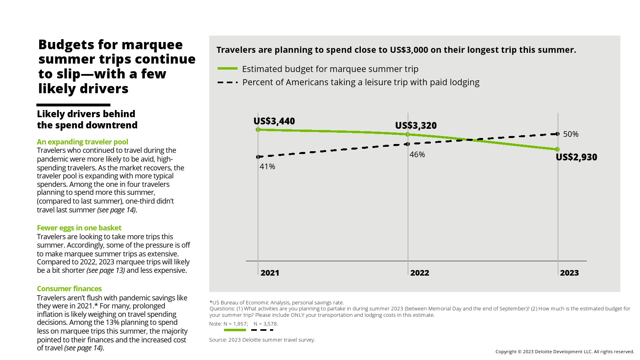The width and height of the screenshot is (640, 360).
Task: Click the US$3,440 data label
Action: [x=274, y=121]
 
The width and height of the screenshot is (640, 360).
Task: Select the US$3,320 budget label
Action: [x=416, y=126]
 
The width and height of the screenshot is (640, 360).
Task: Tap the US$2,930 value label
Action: [x=576, y=157]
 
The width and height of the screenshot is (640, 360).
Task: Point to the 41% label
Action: [x=267, y=166]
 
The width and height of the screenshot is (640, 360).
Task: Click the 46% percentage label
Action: [x=417, y=154]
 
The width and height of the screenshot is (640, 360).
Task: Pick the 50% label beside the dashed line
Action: [x=570, y=134]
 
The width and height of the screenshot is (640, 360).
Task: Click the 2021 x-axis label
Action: [x=270, y=273]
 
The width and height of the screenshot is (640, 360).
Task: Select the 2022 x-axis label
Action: [x=419, y=273]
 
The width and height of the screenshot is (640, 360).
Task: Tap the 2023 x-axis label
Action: [x=569, y=273]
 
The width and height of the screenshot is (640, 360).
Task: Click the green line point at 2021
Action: [x=258, y=130]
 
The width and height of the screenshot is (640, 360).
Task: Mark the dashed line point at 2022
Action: [x=408, y=144]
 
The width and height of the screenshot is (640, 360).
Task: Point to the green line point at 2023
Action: [x=558, y=149]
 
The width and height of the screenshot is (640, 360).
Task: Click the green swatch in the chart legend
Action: [x=227, y=69]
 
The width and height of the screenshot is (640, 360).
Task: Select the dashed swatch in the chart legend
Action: [x=227, y=82]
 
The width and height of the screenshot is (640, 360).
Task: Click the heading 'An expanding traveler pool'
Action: [x=82, y=142]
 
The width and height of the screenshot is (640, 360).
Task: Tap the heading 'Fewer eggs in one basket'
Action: [x=79, y=228]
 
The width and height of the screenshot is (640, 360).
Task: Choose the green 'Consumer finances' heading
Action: [x=69, y=288]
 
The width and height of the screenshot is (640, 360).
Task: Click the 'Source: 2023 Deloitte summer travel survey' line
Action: [x=262, y=340]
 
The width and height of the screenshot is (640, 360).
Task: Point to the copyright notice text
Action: [x=564, y=352]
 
